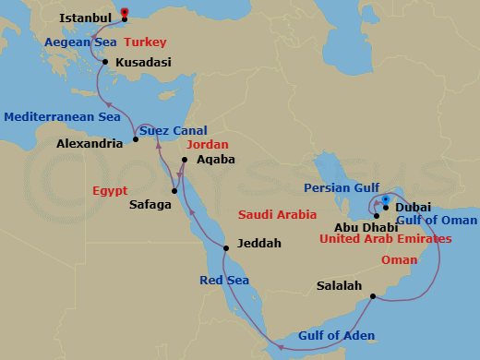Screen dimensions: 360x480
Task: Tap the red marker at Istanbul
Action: tap(126, 12)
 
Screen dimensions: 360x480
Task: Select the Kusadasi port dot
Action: tap(106, 63)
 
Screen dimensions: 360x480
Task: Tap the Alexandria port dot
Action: tap(136, 139)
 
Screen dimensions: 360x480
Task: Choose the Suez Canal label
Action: tap(174, 130)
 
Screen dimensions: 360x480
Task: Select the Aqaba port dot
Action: tap(185, 160)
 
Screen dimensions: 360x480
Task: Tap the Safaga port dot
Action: tap(174, 191)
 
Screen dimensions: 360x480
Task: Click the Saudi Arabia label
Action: tap(278, 215)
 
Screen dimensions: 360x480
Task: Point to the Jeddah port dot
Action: tap(226, 248)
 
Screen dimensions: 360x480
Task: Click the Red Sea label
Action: tap(224, 281)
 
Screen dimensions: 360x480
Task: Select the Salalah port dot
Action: tap(372, 296)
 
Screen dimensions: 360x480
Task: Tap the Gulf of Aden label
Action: tap(335, 336)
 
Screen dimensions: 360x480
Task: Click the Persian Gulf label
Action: tap(340, 188)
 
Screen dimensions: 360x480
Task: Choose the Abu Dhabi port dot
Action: tap(377, 216)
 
